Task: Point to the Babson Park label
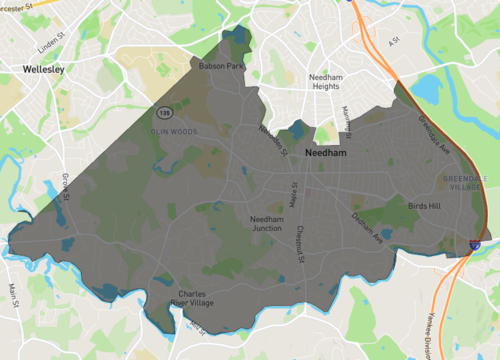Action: click(x=222, y=67)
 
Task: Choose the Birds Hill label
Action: click(x=424, y=205)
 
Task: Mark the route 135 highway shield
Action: click(x=162, y=111)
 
